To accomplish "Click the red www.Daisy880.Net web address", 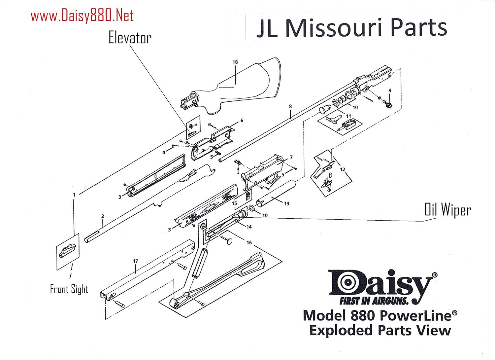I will click(82, 16).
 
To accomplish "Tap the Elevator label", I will click(130, 38).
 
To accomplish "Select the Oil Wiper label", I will click(447, 210).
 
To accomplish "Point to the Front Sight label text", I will click(69, 289).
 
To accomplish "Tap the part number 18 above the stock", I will click(235, 62).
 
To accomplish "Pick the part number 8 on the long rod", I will click(290, 106).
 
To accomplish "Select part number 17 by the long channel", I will click(135, 261).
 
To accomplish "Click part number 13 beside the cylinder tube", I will click(286, 204).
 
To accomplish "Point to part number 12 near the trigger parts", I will click(343, 169).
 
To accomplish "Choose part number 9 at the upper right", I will click(390, 90).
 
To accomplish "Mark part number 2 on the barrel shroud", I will click(103, 216).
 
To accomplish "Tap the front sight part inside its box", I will click(68, 251).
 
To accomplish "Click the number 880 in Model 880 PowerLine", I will click(363, 316).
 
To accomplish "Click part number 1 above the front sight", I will click(74, 195).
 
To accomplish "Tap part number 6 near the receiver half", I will click(242, 121).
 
